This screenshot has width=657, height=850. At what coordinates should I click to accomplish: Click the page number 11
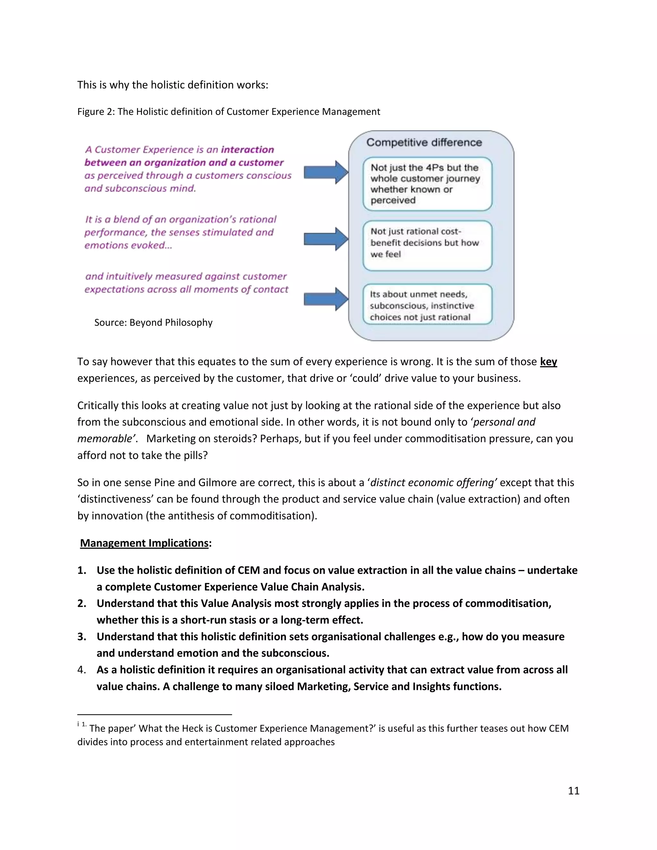click(573, 790)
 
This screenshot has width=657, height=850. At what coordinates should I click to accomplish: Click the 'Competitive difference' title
click(424, 142)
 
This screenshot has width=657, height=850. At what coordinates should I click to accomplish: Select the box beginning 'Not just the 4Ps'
click(427, 184)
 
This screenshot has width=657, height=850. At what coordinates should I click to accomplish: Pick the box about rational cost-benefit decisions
click(427, 245)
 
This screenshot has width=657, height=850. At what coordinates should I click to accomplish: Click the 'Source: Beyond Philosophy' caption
click(153, 323)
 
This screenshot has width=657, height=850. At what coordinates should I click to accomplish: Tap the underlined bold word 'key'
click(548, 361)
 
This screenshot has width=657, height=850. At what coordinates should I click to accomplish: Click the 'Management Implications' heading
click(144, 543)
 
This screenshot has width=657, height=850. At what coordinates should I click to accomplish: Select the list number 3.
click(82, 637)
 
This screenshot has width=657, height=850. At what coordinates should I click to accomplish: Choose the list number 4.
click(82, 670)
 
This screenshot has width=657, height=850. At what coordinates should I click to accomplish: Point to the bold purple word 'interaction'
click(248, 149)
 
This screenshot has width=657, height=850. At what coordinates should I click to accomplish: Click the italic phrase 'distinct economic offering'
click(433, 483)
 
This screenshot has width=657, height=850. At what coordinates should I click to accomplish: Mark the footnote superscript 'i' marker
click(78, 724)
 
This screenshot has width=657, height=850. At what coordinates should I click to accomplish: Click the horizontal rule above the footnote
click(155, 715)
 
